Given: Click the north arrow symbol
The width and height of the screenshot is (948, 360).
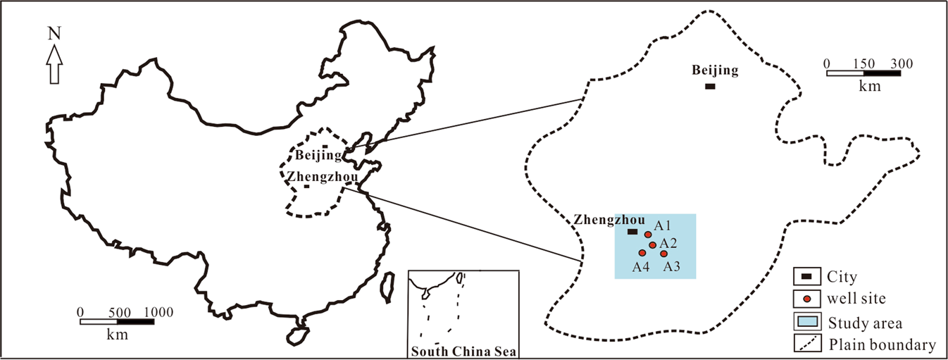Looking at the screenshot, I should (55, 64).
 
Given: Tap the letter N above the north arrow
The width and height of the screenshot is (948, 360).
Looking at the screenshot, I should (54, 32).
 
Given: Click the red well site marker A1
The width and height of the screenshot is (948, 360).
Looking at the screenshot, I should (648, 235).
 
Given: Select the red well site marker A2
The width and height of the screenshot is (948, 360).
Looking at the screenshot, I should (653, 245).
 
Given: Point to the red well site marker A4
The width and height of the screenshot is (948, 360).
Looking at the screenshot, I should (642, 253).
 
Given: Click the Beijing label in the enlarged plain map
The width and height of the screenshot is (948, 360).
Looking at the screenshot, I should (715, 70).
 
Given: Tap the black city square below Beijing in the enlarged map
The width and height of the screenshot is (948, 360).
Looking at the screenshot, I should (710, 86).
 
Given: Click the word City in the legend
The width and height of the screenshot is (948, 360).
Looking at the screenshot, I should (842, 277).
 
